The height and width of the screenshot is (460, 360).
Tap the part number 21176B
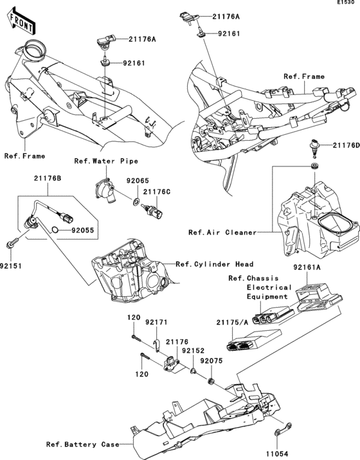coord(48,178)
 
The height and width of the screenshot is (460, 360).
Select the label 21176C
coord(157,191)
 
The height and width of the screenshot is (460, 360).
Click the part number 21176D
coord(346,145)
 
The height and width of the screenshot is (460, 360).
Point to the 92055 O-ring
coord(55,230)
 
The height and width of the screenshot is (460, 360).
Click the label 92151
coord(11,266)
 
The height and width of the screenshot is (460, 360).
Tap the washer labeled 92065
coord(136,202)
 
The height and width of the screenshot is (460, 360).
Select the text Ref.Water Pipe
coord(106,161)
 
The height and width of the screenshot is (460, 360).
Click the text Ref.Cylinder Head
coord(214,264)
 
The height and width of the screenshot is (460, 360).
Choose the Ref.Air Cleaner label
coord(222,233)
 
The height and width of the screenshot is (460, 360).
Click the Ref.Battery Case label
coord(82,445)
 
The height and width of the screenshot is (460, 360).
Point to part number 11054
coord(278,454)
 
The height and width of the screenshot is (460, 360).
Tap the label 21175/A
coord(232,323)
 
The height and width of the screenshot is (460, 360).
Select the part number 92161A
coord(307,267)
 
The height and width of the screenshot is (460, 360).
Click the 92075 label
coord(212,360)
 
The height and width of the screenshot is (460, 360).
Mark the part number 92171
coord(156,322)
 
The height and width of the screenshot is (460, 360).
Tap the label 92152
coord(193,351)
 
